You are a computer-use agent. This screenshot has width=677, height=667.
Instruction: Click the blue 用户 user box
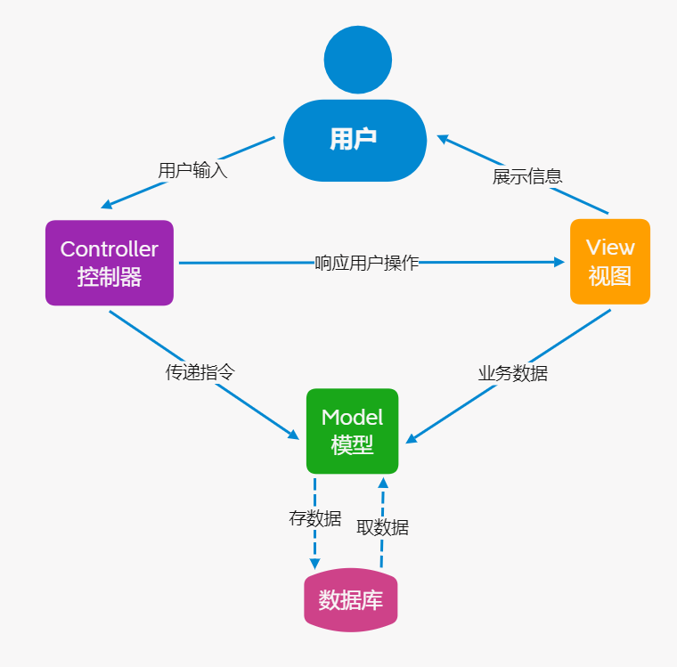[x=354, y=140]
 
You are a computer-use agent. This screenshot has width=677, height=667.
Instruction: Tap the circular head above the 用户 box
[x=357, y=61]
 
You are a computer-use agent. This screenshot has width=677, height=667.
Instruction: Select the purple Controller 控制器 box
[x=109, y=263]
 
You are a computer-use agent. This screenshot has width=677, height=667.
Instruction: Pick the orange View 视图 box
[x=610, y=262]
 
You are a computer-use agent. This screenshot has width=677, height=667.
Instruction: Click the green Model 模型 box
[x=352, y=431]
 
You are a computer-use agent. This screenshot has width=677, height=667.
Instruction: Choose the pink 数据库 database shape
[x=351, y=600]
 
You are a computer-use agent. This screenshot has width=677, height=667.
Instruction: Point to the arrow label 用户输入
[x=192, y=170]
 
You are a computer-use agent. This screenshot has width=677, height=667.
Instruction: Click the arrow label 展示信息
[x=527, y=175]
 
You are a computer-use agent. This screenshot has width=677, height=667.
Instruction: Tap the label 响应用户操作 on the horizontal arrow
[x=366, y=263]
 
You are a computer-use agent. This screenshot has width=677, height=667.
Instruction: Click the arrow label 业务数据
[x=512, y=373]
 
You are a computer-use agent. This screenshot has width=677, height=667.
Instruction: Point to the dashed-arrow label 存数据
[x=314, y=518]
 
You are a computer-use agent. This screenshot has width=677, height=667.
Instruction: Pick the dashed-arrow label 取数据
[x=382, y=526]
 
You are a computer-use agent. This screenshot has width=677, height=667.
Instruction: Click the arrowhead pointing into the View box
[x=559, y=262]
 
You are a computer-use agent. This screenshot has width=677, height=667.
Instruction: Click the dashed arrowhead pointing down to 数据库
[x=314, y=564]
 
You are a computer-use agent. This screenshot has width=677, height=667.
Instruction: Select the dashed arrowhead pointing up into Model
[x=383, y=483]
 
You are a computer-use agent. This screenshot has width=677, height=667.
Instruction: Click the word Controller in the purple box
[x=109, y=249]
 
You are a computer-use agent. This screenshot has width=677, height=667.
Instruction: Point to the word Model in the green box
[x=352, y=418]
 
